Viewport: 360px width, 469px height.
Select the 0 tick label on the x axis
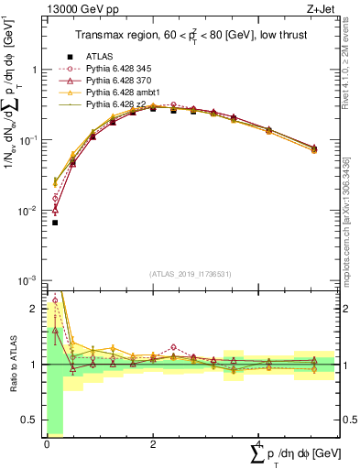[47, 443]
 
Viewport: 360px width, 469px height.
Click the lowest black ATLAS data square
[55, 223]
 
